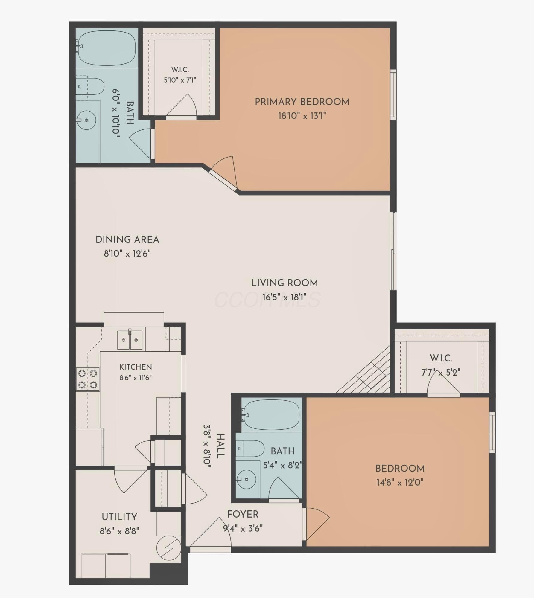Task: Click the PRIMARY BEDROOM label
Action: (302, 102)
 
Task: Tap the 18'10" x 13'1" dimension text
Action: (302, 116)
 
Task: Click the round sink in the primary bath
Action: (86, 120)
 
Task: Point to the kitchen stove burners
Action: (88, 379)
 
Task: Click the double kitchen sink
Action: (130, 340)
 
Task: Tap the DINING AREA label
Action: (127, 240)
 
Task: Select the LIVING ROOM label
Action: (284, 283)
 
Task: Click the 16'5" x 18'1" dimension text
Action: (284, 297)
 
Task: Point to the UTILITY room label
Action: (119, 517)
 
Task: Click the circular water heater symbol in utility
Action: (169, 548)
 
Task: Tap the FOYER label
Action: (243, 514)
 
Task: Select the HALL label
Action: (220, 446)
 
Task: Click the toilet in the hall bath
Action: (250, 448)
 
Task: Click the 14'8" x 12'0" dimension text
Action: (400, 482)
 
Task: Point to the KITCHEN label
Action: (136, 367)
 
